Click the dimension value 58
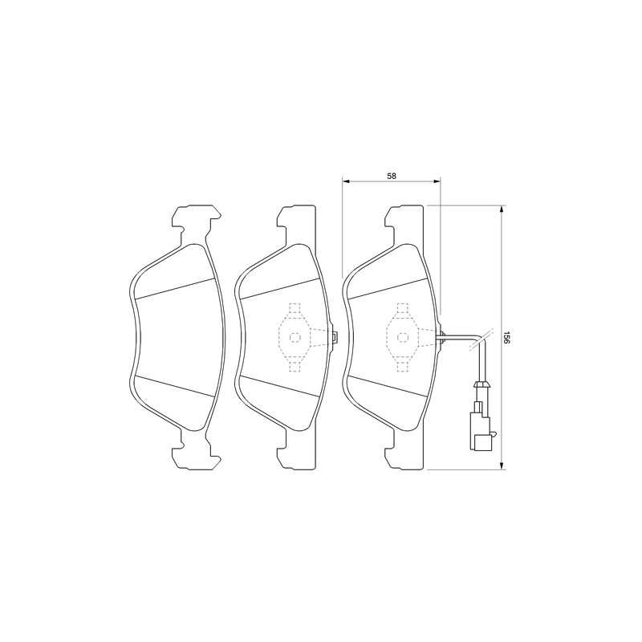tap(392, 176)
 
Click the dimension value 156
tap(506, 337)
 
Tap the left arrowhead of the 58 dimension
tap(345, 180)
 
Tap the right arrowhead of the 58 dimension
tap(437, 180)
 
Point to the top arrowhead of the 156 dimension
tap(501, 209)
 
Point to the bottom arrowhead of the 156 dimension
tap(501, 466)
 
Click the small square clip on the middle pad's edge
tap(335, 337)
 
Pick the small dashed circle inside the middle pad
tap(295, 337)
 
